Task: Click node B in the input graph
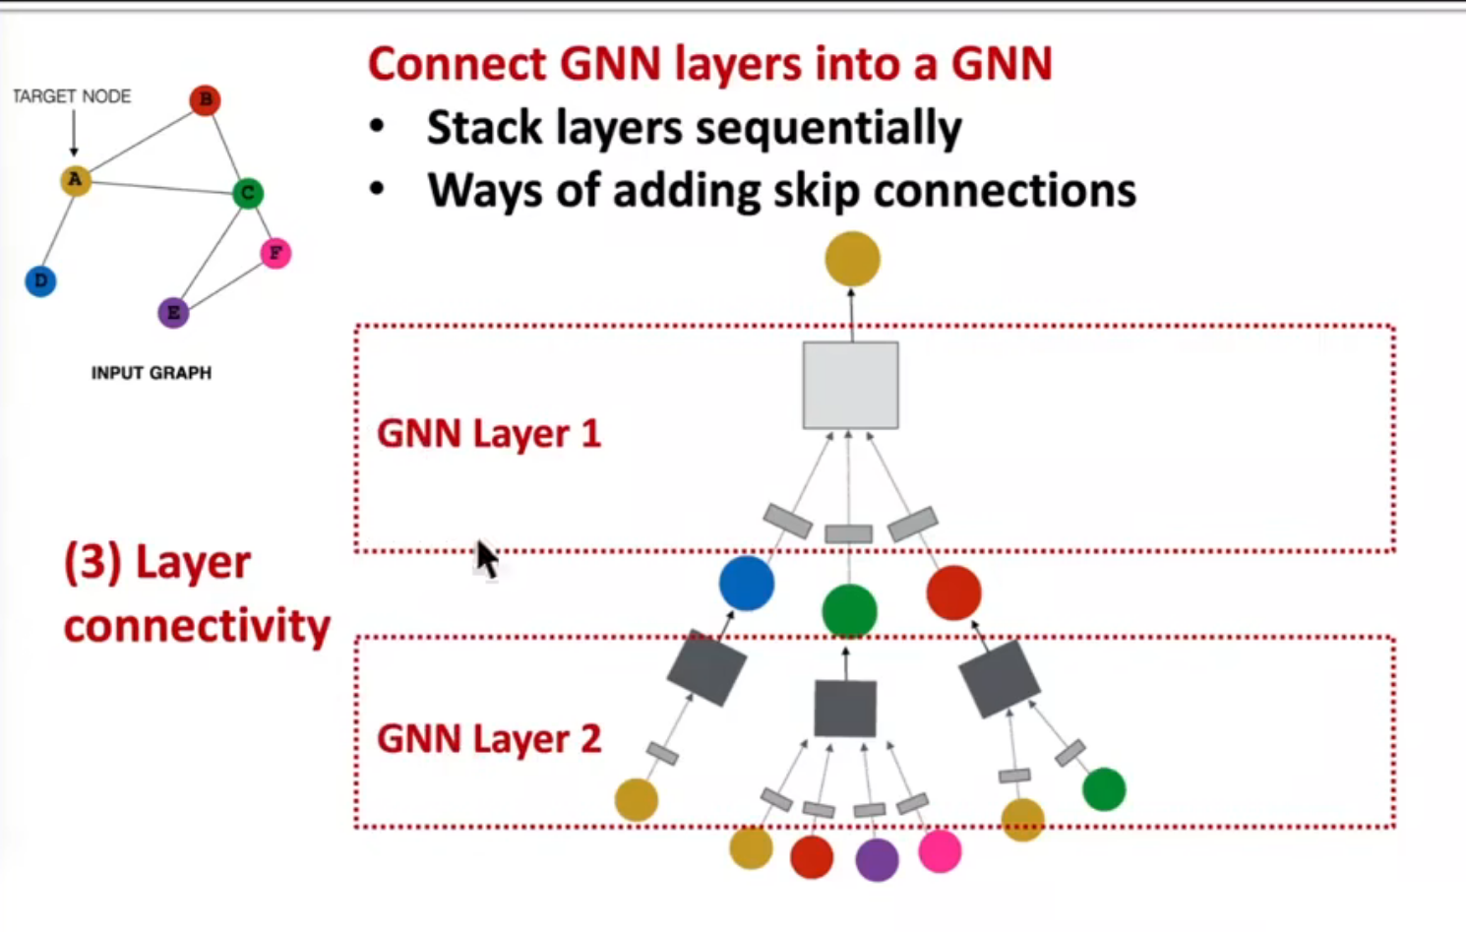coord(205,99)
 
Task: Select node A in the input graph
coord(76,180)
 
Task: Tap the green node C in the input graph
coord(248,193)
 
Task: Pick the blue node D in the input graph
coord(40,281)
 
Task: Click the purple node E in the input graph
coord(173,313)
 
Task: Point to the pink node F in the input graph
coord(275,254)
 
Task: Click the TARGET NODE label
coord(71,96)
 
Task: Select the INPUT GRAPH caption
coord(151,373)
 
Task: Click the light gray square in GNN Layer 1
coord(850,385)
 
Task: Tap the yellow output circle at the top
coord(852,259)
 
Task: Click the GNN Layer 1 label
coord(488,434)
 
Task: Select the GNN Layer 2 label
coord(488,739)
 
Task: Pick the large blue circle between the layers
coord(747,583)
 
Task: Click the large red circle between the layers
coord(953,592)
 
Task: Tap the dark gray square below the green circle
coord(845,708)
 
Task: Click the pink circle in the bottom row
coord(940,851)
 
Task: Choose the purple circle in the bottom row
coord(877,859)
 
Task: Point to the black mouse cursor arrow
coord(486,559)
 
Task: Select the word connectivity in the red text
coord(197,627)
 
